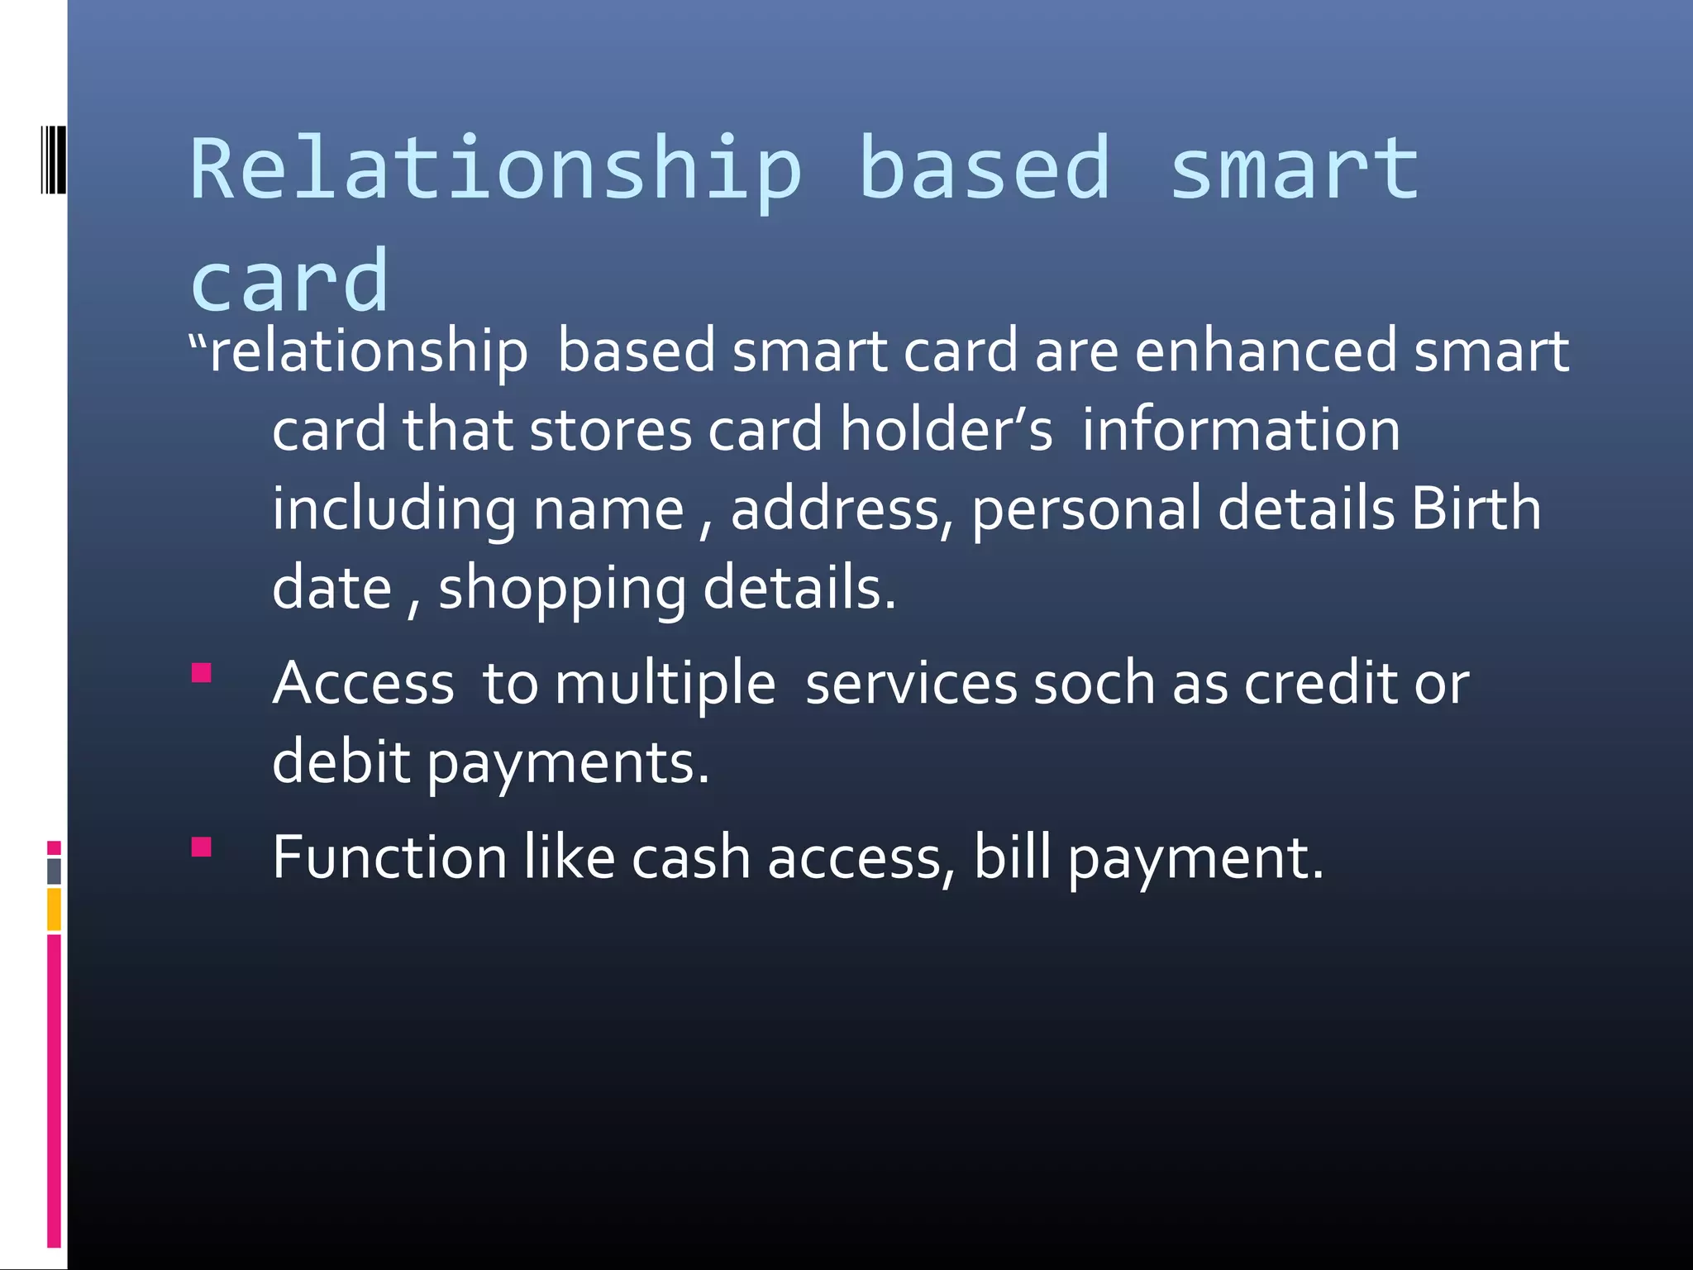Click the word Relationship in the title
click(496, 169)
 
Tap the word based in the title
click(984, 169)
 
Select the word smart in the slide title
click(1295, 169)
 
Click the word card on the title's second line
click(289, 281)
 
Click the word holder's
click(947, 430)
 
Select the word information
click(1241, 430)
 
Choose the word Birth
click(1476, 508)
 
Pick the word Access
click(364, 684)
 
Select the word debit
click(341, 762)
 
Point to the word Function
click(389, 857)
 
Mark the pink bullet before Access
click(202, 672)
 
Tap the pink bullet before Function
click(202, 847)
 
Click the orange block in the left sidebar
click(54, 909)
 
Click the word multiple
click(665, 684)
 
